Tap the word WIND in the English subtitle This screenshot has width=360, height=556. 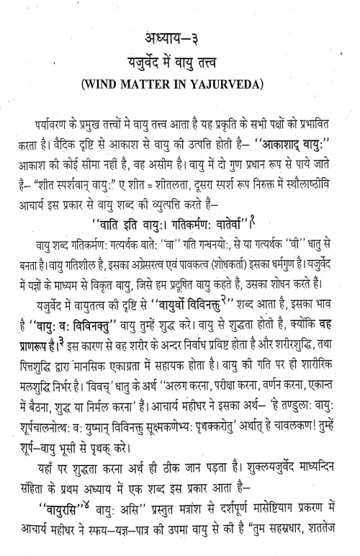click(x=117, y=91)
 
